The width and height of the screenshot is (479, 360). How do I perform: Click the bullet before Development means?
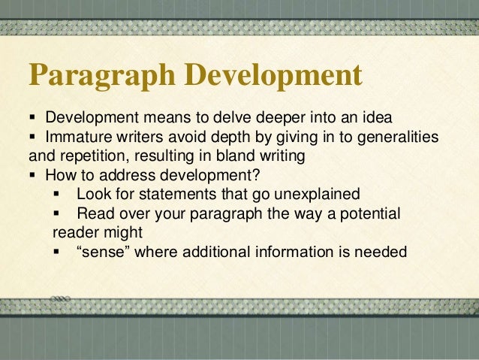click(33, 119)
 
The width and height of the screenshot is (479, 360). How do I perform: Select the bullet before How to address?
click(33, 176)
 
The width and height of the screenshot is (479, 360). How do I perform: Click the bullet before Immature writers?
click(33, 138)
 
